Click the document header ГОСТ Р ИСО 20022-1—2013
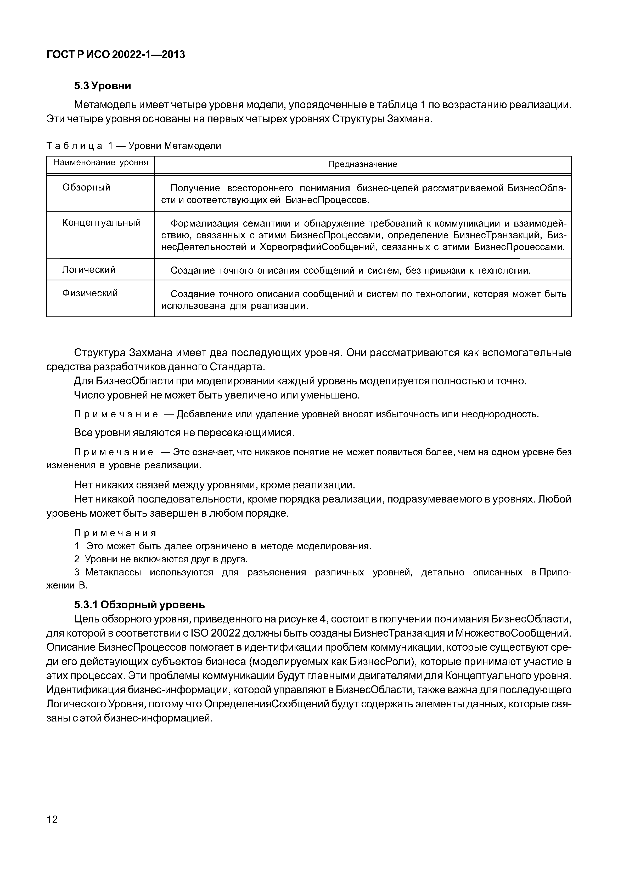tap(115, 55)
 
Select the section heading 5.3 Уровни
tap(103, 86)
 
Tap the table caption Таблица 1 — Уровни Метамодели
tap(134, 146)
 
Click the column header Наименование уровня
tap(101, 163)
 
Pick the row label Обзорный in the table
tap(86, 188)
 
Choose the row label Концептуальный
tap(102, 223)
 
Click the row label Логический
tap(89, 270)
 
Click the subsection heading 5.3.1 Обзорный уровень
tap(139, 604)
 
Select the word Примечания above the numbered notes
tap(115, 533)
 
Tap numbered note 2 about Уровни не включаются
tap(161, 559)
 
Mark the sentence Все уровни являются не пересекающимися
tap(184, 432)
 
